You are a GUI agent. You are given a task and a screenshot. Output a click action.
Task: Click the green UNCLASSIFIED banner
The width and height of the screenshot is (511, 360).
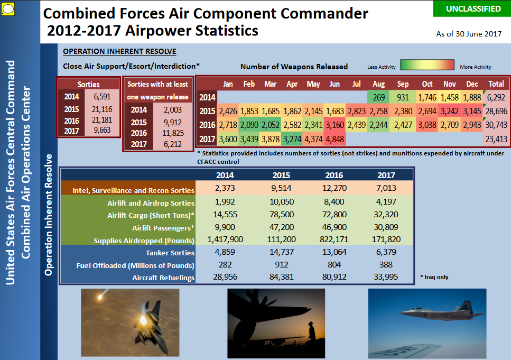[472, 9]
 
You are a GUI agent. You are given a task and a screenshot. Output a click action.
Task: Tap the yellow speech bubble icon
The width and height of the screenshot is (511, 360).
[8, 9]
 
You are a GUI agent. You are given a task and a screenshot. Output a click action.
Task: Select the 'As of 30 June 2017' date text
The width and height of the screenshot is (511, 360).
[469, 34]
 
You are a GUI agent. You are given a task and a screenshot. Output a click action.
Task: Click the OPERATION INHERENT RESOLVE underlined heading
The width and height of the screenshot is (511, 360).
[119, 51]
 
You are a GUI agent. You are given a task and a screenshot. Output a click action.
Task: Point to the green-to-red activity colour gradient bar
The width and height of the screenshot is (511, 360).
[428, 65]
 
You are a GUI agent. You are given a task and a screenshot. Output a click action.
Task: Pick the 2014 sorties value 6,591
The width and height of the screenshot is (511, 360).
[102, 97]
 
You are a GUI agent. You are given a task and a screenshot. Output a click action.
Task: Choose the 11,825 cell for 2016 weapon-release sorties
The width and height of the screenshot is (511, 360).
[173, 133]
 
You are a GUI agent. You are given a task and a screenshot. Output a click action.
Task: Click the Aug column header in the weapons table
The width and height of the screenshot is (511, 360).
[379, 84]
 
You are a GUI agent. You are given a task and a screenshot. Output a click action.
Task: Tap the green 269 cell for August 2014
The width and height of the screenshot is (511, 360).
[378, 97]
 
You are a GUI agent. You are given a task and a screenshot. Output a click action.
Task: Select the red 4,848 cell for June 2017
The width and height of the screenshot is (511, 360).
[335, 139]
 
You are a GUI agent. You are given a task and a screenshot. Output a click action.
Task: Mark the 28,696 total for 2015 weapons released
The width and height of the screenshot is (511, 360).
[496, 111]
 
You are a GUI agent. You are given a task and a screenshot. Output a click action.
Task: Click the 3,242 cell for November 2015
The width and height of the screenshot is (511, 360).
[449, 111]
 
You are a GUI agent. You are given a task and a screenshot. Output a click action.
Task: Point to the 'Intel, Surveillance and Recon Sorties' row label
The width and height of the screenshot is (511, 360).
[133, 190]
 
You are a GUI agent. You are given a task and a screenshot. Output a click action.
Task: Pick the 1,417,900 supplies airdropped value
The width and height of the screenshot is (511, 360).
[225, 239]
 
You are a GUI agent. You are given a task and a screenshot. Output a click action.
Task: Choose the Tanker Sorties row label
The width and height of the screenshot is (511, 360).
[170, 253]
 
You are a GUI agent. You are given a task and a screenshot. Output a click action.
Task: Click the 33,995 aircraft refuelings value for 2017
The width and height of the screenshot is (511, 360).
[386, 277]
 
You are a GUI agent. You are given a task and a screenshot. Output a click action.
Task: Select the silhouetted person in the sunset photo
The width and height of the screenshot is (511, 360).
[312, 331]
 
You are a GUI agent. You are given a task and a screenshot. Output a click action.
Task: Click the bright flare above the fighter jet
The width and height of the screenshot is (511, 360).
[101, 296]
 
